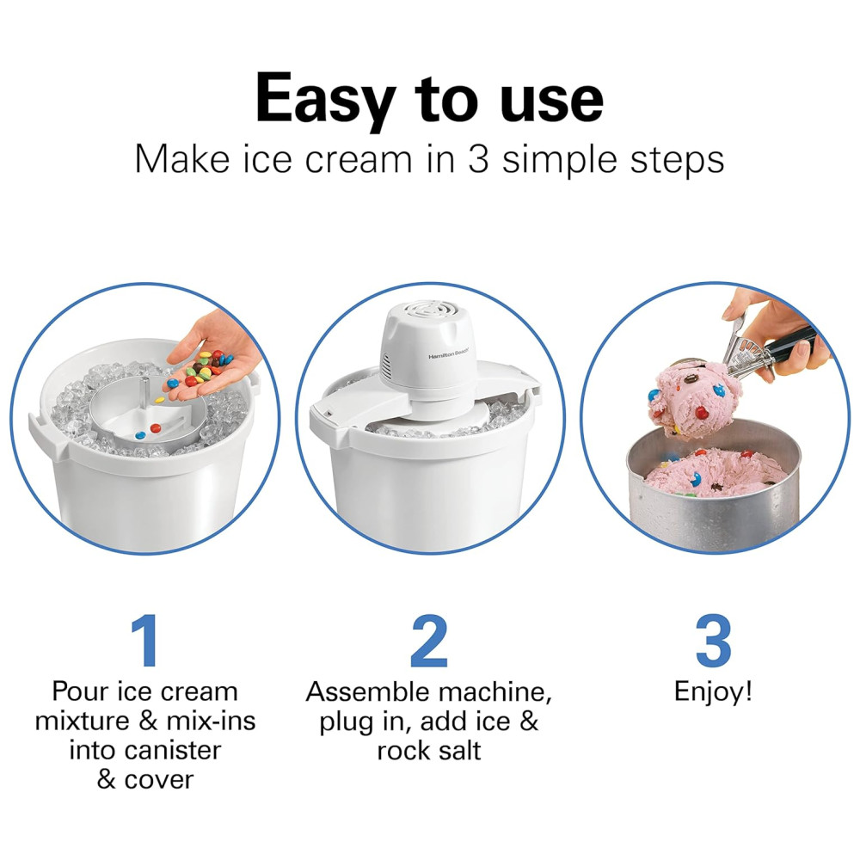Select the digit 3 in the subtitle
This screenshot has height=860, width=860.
(478, 160)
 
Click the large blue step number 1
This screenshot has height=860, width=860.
(146, 640)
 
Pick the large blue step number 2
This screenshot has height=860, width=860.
(429, 640)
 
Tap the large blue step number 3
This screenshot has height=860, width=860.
(713, 640)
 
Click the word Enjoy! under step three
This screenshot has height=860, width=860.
(713, 691)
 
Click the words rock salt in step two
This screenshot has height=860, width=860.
(429, 750)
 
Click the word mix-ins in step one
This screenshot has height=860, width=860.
(212, 721)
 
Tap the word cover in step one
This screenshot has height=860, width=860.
(159, 780)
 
